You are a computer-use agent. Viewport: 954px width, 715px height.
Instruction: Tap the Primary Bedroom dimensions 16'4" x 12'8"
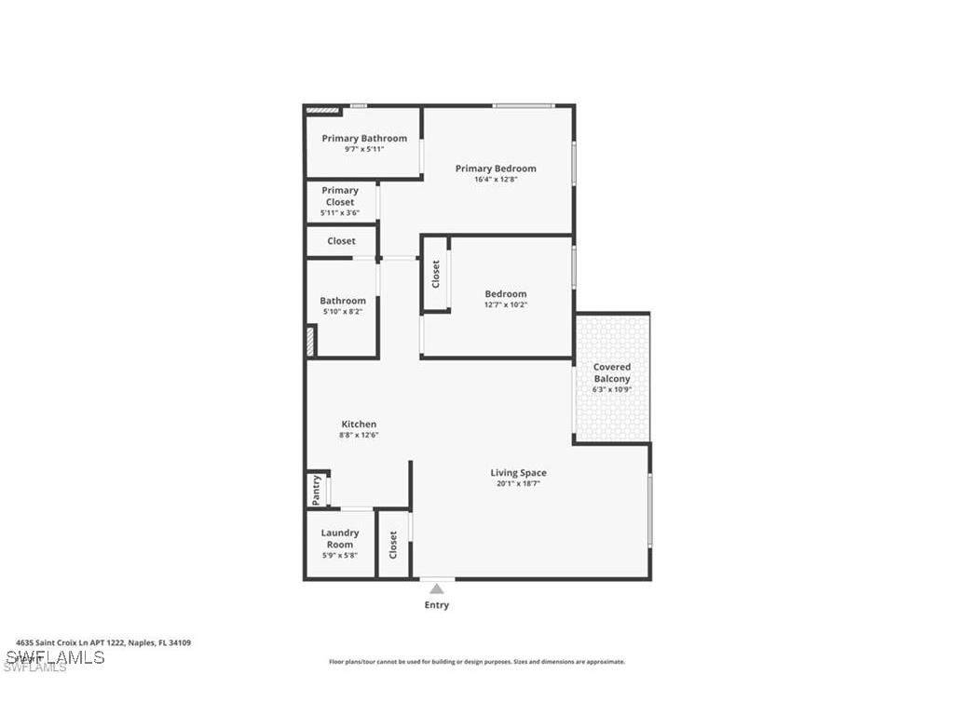pos(496,180)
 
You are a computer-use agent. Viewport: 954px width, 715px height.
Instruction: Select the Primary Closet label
pos(340,196)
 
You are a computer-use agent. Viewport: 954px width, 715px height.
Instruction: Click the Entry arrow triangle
pos(436,588)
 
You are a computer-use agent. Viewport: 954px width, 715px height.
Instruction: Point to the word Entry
pos(437,605)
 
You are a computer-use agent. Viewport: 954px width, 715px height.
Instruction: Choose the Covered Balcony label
pos(612,372)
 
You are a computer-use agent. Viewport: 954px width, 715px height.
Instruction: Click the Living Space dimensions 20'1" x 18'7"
pos(518,484)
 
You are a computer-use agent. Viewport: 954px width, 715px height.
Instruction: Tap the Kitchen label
pos(359,425)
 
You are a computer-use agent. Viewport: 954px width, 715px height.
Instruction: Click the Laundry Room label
pos(340,538)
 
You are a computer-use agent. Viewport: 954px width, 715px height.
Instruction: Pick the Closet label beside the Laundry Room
pos(393,544)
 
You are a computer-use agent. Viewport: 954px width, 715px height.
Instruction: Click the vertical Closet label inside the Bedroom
pos(435,274)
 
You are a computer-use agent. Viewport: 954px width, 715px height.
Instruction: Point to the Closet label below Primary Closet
pos(341,241)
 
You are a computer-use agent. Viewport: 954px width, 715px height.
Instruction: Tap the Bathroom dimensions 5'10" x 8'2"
pos(343,312)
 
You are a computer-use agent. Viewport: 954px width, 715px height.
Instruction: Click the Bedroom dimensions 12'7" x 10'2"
pos(506,304)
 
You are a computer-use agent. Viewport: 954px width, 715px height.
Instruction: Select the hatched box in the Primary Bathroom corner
pos(322,111)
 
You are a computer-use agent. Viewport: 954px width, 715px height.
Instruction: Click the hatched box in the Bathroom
pos(310,341)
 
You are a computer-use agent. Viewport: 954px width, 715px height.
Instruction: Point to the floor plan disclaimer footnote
pos(477,662)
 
